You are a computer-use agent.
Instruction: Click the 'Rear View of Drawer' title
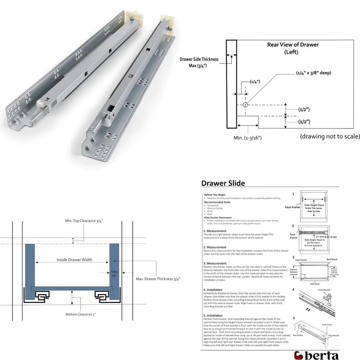pos(293,45)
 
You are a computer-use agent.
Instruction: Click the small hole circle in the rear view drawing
pos(245,105)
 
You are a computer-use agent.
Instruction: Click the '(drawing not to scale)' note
pos(330,137)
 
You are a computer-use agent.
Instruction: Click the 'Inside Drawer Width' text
pos(74,260)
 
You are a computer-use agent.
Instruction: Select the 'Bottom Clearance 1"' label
pos(81,314)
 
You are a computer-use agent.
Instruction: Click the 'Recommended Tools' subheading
pos(217,202)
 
